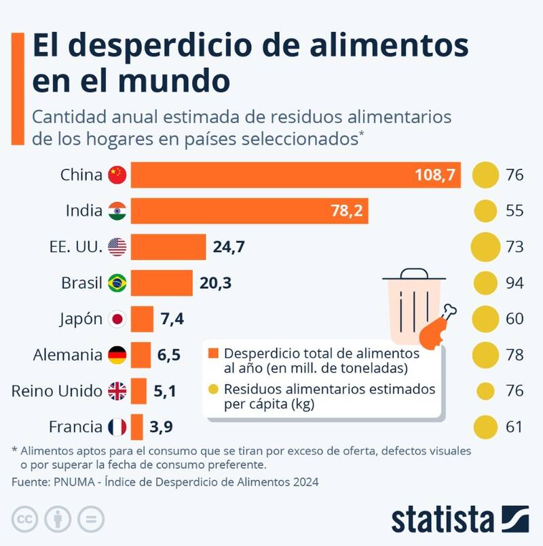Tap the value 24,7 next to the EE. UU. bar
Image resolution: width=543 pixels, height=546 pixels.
coord(229,247)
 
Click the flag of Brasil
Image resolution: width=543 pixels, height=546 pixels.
coord(117,283)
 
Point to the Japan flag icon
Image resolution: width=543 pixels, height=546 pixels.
coord(117,319)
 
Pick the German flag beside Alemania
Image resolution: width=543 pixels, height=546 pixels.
coord(117,355)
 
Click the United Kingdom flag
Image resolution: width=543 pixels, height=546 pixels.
coord(117,391)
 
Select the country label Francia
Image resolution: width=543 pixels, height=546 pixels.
coord(75,427)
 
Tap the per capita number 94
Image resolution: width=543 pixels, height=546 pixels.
coord(514,283)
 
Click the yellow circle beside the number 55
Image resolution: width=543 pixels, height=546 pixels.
coord(485,211)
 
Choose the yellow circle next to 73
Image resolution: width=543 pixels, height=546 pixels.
coord(485,247)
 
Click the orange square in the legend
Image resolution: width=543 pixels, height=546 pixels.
coord(214,354)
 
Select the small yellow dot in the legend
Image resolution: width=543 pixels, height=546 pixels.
coord(214,390)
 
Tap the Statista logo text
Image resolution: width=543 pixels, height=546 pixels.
coord(442,519)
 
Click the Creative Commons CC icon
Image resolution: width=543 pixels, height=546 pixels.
coord(25,520)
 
